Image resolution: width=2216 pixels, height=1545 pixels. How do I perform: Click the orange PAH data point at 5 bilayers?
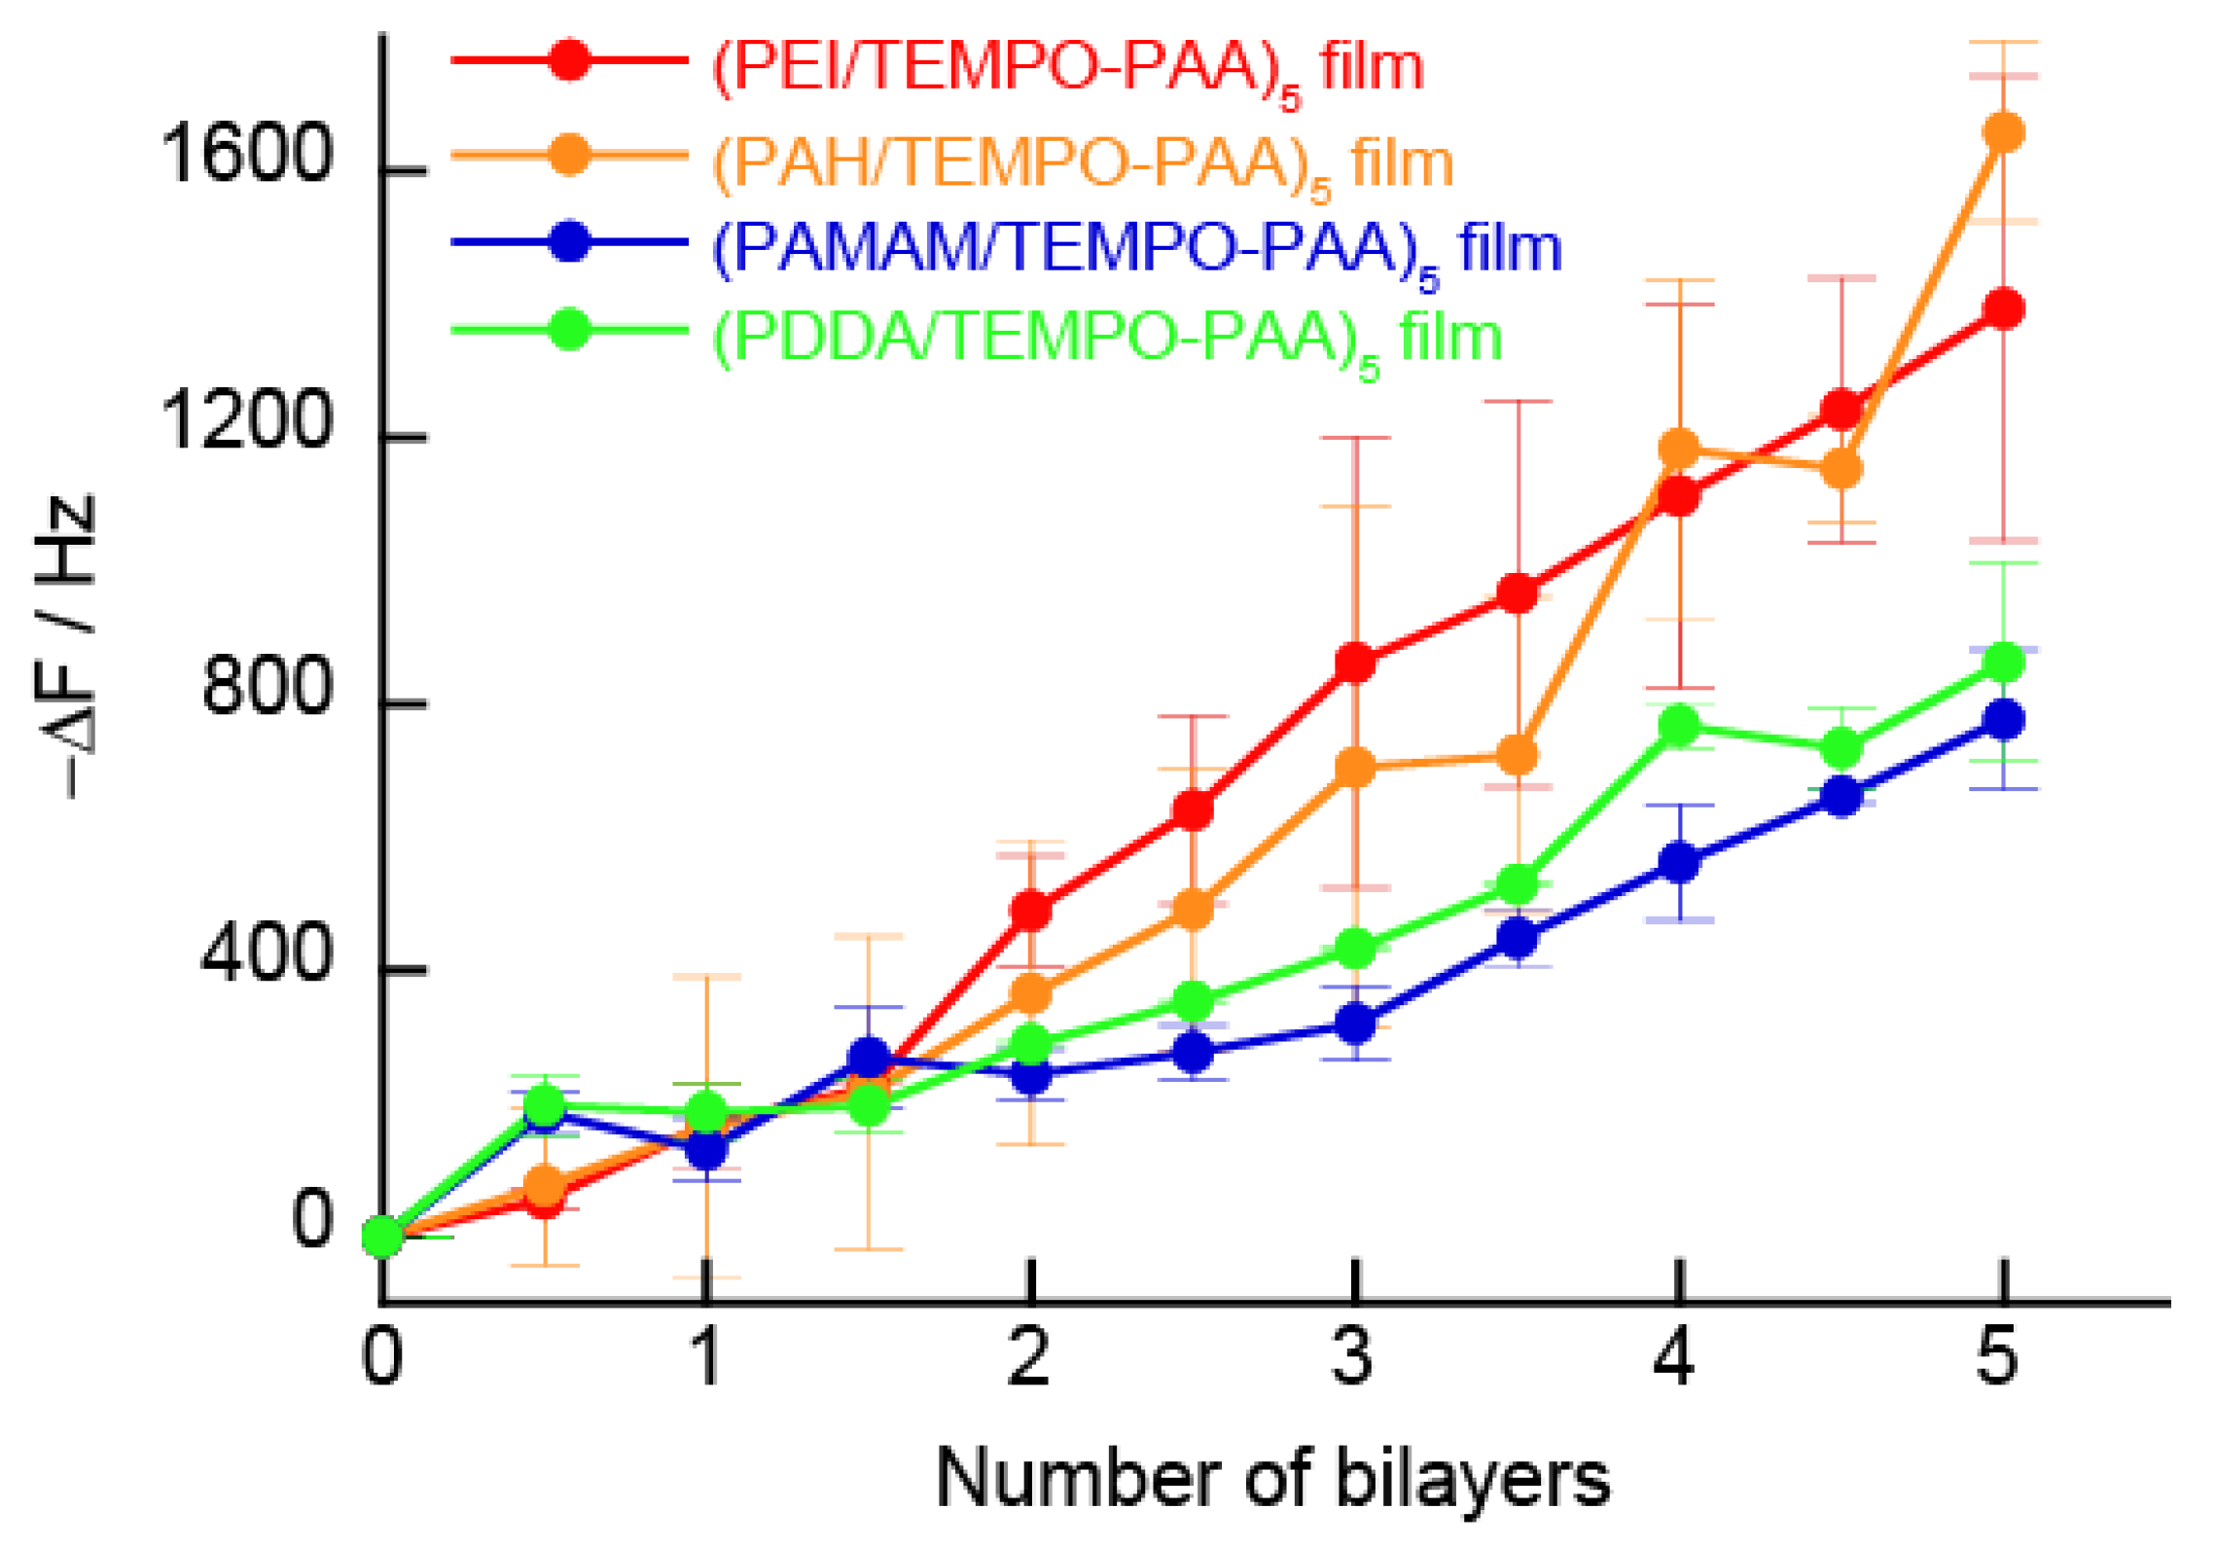pyautogui.click(x=2001, y=132)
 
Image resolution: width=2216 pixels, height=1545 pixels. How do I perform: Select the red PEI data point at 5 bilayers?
pyautogui.click(x=2001, y=309)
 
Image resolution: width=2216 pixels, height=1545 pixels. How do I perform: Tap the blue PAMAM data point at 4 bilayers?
pyautogui.click(x=1678, y=862)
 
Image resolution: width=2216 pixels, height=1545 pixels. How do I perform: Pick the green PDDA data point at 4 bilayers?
pyautogui.click(x=1678, y=726)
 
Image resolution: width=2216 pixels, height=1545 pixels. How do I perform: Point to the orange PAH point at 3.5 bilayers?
pyautogui.click(x=1516, y=755)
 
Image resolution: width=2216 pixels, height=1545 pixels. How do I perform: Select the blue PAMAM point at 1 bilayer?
pyautogui.click(x=706, y=1150)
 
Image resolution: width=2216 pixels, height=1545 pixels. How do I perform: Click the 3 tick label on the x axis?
pyautogui.click(x=1352, y=1358)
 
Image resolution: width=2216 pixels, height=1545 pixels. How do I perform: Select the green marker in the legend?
pyautogui.click(x=569, y=330)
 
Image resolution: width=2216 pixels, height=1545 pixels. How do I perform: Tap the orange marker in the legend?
pyautogui.click(x=569, y=154)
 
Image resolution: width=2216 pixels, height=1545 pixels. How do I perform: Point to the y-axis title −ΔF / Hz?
pyautogui.click(x=66, y=646)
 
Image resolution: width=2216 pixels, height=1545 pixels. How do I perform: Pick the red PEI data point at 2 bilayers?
pyautogui.click(x=1030, y=911)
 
